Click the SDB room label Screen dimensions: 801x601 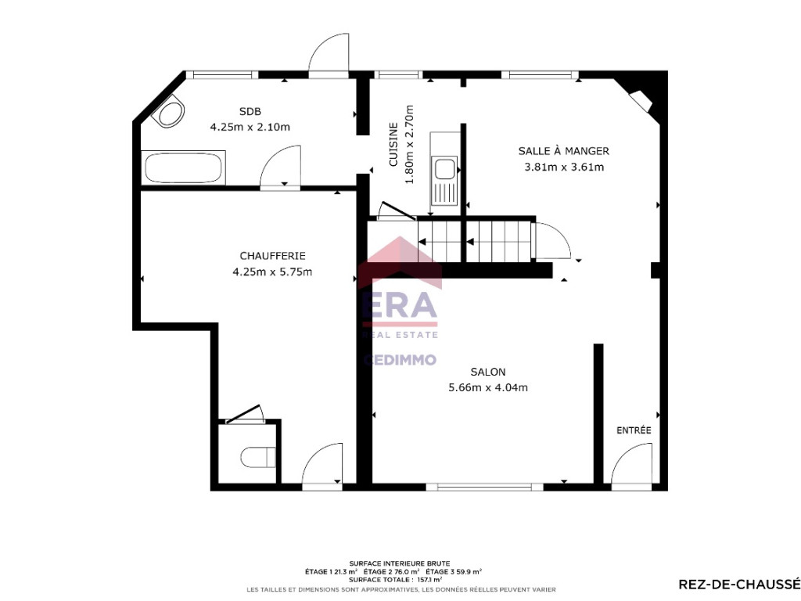[250, 111]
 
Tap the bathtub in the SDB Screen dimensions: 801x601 [183, 167]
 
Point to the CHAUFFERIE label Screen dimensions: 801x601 [272, 256]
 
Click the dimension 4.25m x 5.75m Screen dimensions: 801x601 [272, 272]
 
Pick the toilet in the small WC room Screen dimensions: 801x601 [258, 457]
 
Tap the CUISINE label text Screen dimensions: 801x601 [393, 144]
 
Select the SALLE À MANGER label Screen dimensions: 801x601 [563, 151]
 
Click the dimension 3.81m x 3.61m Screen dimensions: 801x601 [564, 167]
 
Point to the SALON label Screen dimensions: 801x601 [488, 372]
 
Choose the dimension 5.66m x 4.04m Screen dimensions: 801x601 [488, 388]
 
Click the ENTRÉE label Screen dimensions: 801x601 [634, 430]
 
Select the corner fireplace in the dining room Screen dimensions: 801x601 [641, 100]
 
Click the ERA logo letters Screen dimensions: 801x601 [400, 306]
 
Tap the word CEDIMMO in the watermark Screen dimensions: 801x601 [400, 360]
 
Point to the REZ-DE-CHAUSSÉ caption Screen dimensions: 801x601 [739, 584]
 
